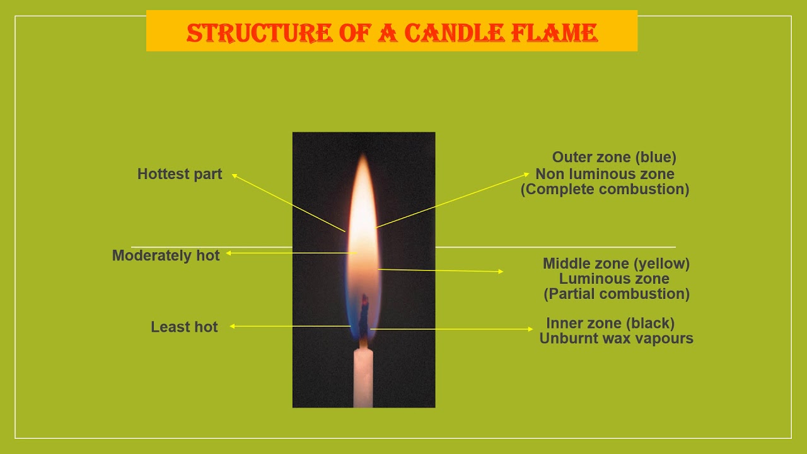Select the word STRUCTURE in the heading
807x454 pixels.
258,33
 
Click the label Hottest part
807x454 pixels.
180,174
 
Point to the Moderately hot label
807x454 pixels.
166,255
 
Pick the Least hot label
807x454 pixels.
184,327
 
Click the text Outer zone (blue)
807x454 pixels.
614,157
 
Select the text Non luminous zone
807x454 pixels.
605,173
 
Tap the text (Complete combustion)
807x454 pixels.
605,189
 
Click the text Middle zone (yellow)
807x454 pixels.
616,264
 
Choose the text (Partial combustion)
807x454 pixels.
616,294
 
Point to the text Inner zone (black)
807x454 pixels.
610,323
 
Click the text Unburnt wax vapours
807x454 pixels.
616,339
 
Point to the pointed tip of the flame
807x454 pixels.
364,155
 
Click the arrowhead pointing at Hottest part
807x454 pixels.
234,175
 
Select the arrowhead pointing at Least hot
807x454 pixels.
232,326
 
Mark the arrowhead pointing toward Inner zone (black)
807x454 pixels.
531,329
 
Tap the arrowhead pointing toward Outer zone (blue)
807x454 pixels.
527,173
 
